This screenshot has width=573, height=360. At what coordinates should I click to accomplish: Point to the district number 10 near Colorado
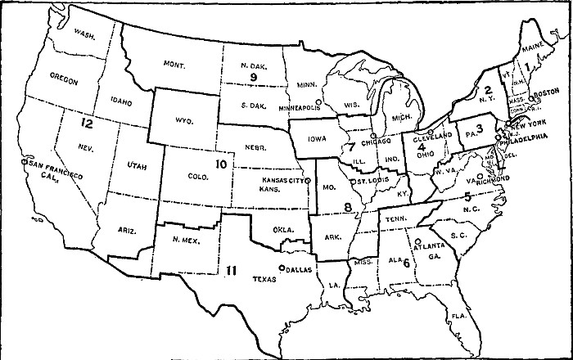tap(220, 164)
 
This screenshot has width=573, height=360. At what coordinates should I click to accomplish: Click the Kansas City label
tap(284, 178)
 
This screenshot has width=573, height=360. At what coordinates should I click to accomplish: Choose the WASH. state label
tap(84, 34)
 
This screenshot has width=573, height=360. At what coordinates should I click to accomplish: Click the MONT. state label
tap(174, 65)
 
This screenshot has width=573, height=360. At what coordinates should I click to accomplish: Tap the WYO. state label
tap(183, 120)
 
